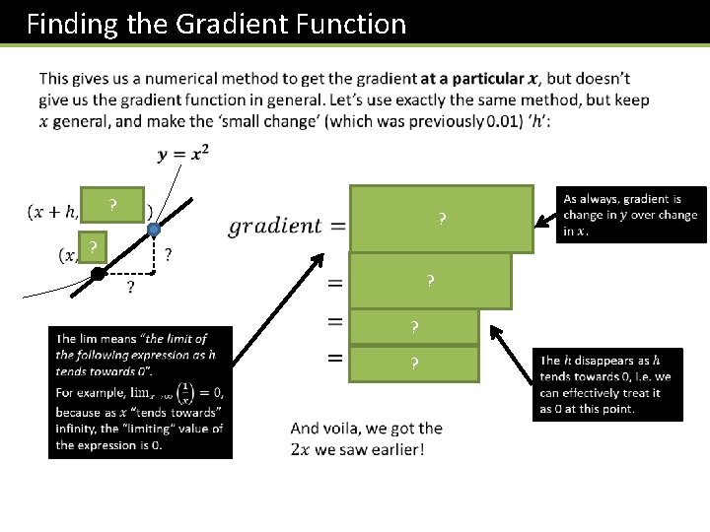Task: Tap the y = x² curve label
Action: click(182, 156)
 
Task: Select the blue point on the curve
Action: click(154, 230)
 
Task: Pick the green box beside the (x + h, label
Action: click(113, 205)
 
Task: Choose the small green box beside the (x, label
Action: click(92, 246)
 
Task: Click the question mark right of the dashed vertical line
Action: click(170, 254)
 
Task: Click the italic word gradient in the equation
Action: click(275, 226)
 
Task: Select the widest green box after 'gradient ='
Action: click(441, 219)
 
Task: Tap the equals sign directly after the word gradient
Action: click(337, 227)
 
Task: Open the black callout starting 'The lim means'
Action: click(140, 392)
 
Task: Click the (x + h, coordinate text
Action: click(53, 213)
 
